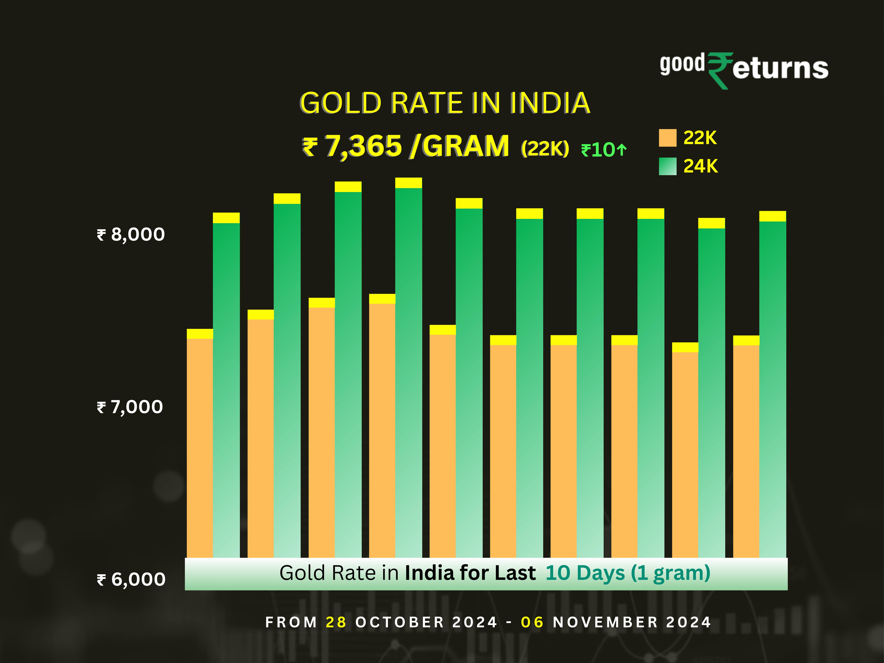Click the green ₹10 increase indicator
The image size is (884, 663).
tap(603, 150)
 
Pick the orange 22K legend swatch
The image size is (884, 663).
tap(667, 138)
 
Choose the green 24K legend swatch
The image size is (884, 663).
tap(667, 166)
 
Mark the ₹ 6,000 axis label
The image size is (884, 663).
tap(131, 580)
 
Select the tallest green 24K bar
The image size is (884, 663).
tap(408, 372)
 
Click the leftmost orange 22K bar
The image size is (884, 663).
tap(200, 448)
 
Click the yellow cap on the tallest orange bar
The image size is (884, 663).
tap(382, 299)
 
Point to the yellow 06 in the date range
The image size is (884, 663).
tap(532, 622)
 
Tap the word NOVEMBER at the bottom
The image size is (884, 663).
tap(605, 622)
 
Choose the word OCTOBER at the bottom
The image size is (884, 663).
tap(400, 622)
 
